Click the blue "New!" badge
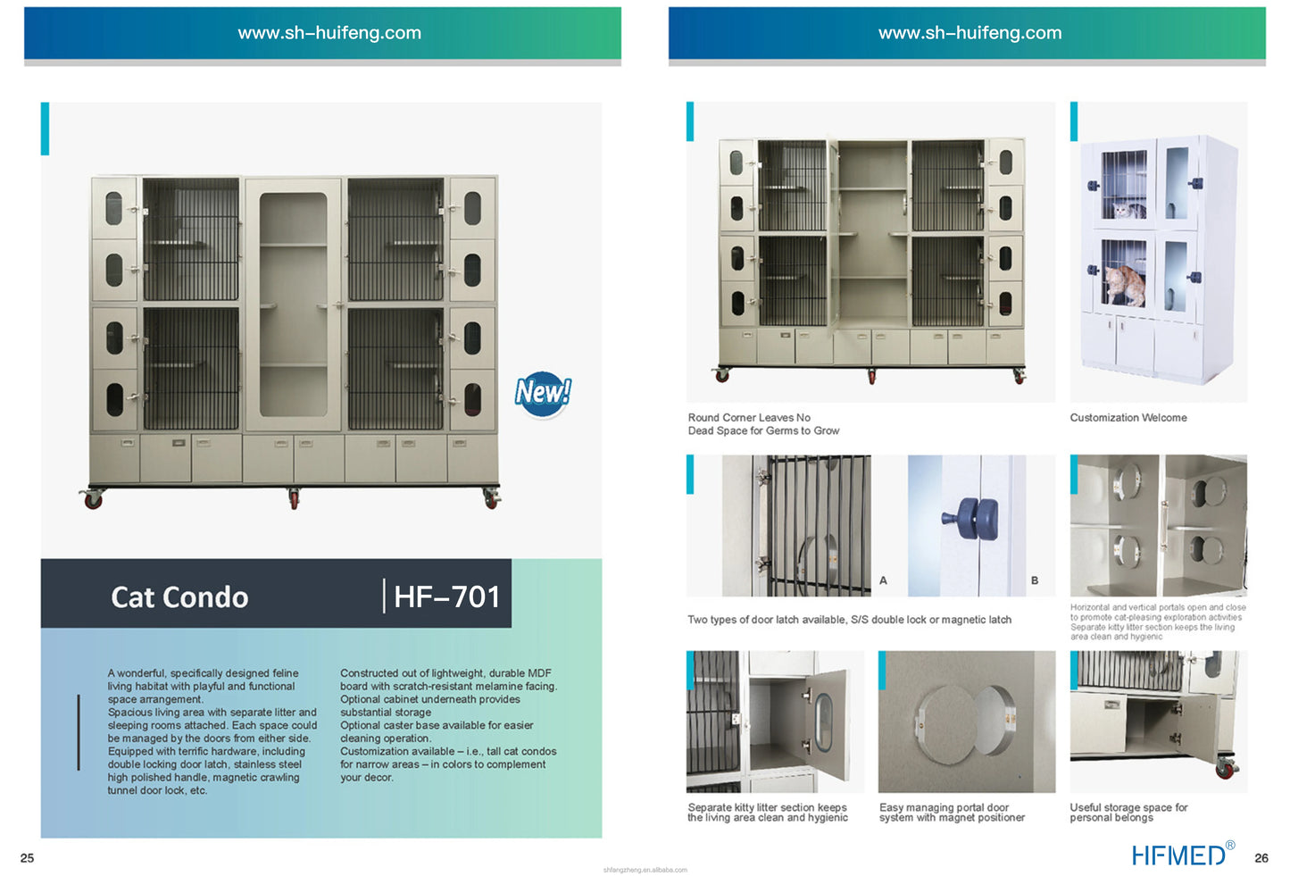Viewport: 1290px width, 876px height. tap(543, 394)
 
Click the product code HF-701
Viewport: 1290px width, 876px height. tap(447, 597)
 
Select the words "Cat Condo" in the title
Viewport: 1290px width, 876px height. tap(179, 597)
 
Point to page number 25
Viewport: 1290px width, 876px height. tap(27, 858)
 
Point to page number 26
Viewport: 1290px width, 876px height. tap(1261, 858)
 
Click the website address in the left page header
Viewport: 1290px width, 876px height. tap(329, 33)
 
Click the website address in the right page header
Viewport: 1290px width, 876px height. tap(970, 33)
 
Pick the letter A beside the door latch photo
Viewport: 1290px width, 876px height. tap(883, 580)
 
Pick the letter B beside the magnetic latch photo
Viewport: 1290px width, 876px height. tap(1035, 580)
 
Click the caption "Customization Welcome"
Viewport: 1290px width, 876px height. tap(1128, 418)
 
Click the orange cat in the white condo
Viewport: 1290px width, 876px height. tap(1125, 286)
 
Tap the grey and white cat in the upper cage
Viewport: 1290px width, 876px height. tap(1127, 210)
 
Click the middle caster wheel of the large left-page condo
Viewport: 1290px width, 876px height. tap(295, 499)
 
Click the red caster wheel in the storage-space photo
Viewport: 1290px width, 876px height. tap(1226, 770)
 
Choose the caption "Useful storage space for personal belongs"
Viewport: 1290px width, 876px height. tap(1128, 812)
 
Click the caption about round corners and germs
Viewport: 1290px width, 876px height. tap(763, 424)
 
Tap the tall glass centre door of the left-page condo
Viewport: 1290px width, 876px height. tap(293, 305)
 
